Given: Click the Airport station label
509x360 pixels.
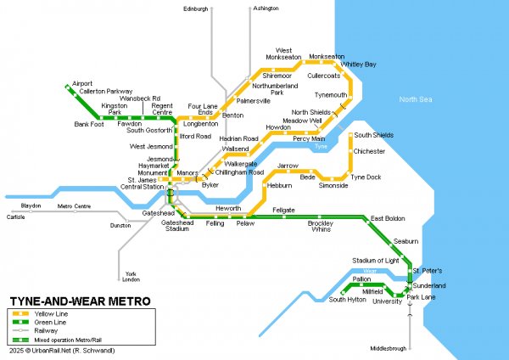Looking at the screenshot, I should (x=83, y=83).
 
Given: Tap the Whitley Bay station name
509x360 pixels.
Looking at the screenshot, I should (x=358, y=65).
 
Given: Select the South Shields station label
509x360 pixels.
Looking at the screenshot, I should (x=373, y=135).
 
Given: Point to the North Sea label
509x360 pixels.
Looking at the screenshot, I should (x=416, y=99).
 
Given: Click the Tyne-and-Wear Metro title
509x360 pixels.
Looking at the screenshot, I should (x=81, y=301).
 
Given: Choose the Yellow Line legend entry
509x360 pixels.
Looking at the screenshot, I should (x=52, y=314).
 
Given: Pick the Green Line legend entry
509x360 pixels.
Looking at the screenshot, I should (x=51, y=323).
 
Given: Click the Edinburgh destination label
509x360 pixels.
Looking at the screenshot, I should (x=195, y=8).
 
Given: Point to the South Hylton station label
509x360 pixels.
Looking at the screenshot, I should (x=348, y=300).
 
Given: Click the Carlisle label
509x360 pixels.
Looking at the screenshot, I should (x=15, y=217).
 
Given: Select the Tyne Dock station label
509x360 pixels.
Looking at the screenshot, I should (x=366, y=176).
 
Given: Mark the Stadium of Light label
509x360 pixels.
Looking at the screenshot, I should (x=375, y=261).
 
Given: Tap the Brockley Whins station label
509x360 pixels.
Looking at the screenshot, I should (x=320, y=226).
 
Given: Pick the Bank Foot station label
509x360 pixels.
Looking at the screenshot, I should (x=88, y=124).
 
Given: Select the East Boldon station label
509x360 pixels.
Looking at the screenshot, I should (x=388, y=219).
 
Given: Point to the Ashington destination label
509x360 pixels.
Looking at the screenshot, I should (x=265, y=8).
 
